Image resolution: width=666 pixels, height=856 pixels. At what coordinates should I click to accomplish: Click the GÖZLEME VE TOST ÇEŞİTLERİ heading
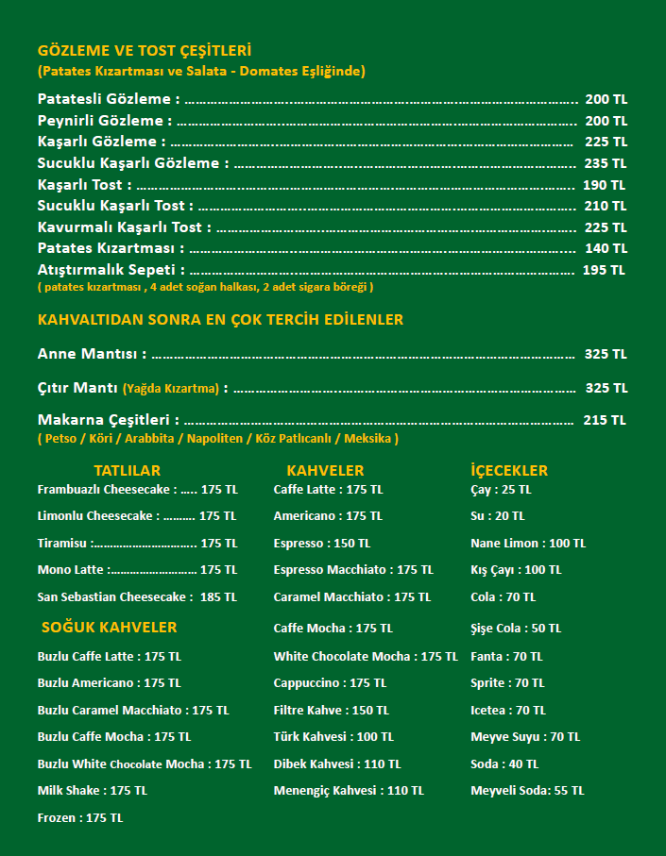click(x=145, y=51)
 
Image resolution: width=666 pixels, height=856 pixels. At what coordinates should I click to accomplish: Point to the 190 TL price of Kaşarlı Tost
click(x=605, y=185)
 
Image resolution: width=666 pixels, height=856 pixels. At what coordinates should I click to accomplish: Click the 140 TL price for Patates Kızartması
click(x=606, y=248)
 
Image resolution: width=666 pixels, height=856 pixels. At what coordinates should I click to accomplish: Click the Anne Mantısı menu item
click(x=92, y=354)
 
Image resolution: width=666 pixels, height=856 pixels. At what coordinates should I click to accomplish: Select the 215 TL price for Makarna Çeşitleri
click(x=605, y=420)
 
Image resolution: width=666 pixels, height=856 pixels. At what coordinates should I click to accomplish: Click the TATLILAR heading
click(x=128, y=470)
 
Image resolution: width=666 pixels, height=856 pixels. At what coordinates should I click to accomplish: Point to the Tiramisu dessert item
click(x=64, y=544)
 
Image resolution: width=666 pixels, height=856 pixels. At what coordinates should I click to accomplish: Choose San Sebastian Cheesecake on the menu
click(x=114, y=597)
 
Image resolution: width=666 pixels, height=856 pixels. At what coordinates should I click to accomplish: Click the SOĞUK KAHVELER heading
click(x=110, y=627)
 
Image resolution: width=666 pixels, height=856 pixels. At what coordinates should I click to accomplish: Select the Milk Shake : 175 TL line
click(x=93, y=791)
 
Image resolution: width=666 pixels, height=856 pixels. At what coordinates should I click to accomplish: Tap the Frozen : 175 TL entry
click(x=80, y=818)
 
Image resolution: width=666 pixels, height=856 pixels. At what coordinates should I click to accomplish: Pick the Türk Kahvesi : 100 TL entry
click(x=333, y=737)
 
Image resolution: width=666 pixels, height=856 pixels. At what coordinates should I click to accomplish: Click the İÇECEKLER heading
click(x=509, y=470)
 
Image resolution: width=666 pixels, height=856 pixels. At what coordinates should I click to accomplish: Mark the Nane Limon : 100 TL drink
click(x=528, y=544)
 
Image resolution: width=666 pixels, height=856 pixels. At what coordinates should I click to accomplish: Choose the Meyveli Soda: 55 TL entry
click(x=527, y=791)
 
